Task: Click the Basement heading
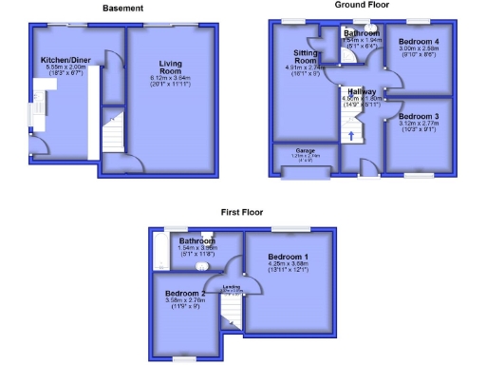pyautogui.click(x=123, y=9)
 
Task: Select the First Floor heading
pyautogui.click(x=241, y=212)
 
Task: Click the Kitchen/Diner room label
pyautogui.click(x=64, y=61)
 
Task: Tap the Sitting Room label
pyautogui.click(x=305, y=56)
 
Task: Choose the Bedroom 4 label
pyautogui.click(x=419, y=42)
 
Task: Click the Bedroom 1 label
pyautogui.click(x=288, y=257)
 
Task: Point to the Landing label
pyautogui.click(x=232, y=286)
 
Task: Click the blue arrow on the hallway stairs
pyautogui.click(x=351, y=135)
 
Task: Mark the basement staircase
pyautogui.click(x=113, y=143)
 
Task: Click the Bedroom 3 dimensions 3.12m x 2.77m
pyautogui.click(x=418, y=124)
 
